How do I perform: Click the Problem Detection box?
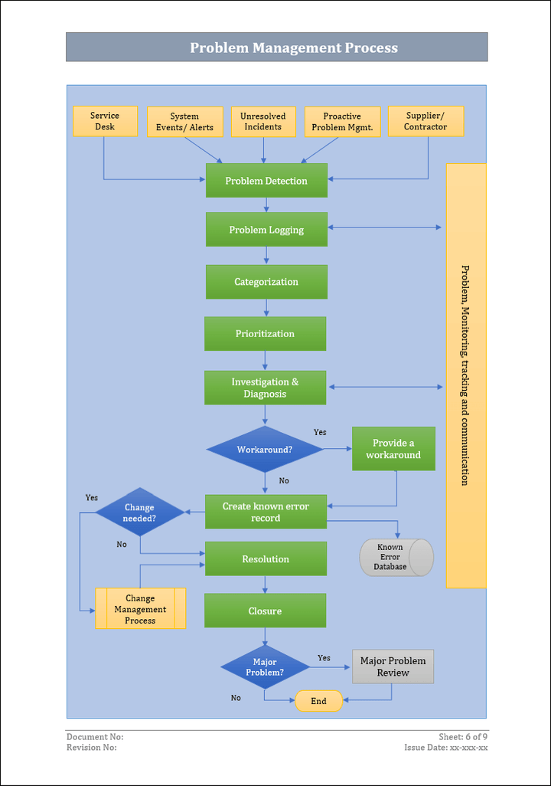click(x=266, y=181)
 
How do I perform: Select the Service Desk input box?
click(x=105, y=121)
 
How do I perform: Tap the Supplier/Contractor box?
click(x=425, y=121)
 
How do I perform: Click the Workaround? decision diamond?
click(x=265, y=449)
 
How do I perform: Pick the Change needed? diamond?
click(x=139, y=513)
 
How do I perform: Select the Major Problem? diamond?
click(x=265, y=667)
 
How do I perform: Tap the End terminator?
click(x=318, y=701)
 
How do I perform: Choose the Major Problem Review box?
click(x=393, y=666)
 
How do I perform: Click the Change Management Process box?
click(x=140, y=609)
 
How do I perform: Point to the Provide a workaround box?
click(x=393, y=449)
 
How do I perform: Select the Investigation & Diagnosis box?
click(x=265, y=388)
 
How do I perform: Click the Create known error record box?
click(x=266, y=512)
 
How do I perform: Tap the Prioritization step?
click(x=265, y=334)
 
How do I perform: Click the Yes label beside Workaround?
click(x=320, y=432)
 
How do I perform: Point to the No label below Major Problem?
click(x=236, y=698)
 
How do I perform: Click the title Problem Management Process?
click(x=294, y=47)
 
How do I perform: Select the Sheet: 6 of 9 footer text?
click(x=463, y=737)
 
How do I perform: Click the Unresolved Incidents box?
click(x=263, y=122)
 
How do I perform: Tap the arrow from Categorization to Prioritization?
click(x=266, y=308)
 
